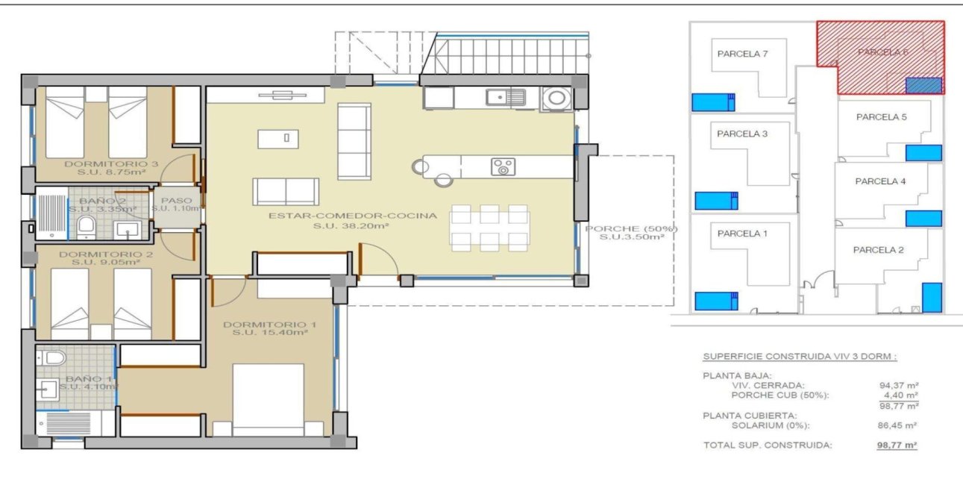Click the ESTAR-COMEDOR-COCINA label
click(x=353, y=216)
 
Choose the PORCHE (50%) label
click(x=631, y=228)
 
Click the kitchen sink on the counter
click(x=505, y=96)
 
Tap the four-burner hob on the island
click(x=503, y=166)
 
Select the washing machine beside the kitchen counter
click(x=555, y=98)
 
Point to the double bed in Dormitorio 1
click(x=269, y=399)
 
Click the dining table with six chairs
click(x=489, y=228)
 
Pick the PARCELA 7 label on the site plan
click(x=742, y=54)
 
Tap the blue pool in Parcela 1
click(x=715, y=301)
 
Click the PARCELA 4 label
click(x=881, y=181)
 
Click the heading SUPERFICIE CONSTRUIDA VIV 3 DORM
click(x=800, y=357)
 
